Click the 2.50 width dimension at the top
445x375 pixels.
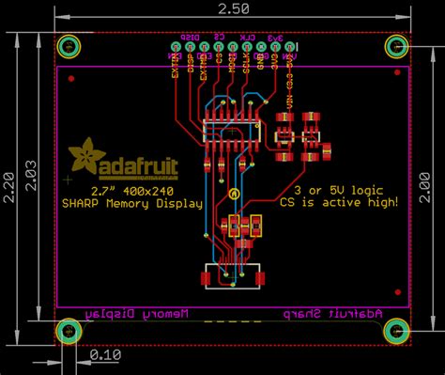[x=233, y=8]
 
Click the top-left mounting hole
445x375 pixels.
[x=69, y=47]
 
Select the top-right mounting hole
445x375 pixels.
[x=395, y=47]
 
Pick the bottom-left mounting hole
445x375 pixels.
[x=69, y=330]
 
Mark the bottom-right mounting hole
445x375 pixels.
[x=395, y=330]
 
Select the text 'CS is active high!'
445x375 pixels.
[x=339, y=201]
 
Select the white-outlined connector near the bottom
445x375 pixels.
[x=231, y=279]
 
